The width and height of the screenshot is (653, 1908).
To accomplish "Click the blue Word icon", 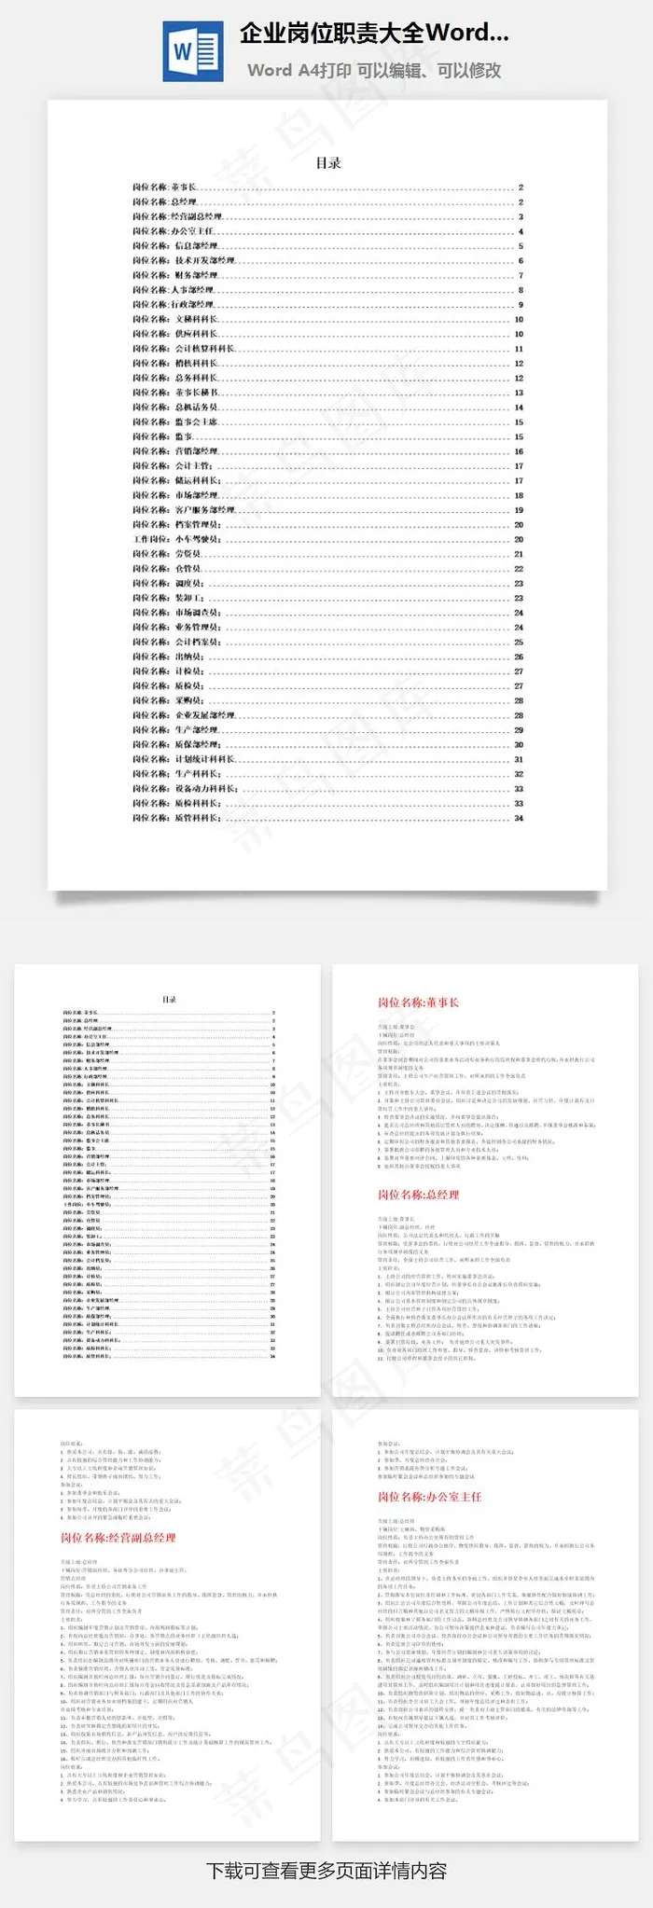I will pos(193,51).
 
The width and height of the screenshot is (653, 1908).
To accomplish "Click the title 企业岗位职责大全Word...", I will pos(373,34).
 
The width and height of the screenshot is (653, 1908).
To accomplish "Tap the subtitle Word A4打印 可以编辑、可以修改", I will pos(374,70).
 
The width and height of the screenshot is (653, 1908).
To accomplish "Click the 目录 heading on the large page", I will pos(327,163).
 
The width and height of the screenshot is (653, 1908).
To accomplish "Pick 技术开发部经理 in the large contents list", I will pos(204,260).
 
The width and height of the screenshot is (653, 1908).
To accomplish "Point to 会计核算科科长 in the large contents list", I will pos(204,349).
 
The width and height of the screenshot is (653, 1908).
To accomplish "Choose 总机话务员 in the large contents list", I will pos(196,408).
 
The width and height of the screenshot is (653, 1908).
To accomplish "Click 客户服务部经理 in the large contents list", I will pos(204,510).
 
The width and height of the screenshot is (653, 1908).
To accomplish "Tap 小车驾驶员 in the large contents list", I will pos(197,539).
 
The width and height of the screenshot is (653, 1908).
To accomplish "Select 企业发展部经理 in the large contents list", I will pos(204,715).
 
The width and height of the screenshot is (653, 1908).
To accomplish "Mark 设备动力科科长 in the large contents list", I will pos(206,789).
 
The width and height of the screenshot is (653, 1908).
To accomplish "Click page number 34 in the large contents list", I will pos(519,818).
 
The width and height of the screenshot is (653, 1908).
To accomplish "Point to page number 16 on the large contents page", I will pos(519,451).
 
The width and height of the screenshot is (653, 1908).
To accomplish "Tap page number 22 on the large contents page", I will pos(519,569).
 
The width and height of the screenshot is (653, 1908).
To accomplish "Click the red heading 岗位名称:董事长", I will pos(418,1002).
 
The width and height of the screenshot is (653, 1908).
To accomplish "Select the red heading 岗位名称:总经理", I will pos(418,1195).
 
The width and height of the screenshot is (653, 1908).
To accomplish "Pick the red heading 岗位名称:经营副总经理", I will pos(118,1538).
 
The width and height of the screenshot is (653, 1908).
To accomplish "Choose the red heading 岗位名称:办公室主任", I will pos(429,1496).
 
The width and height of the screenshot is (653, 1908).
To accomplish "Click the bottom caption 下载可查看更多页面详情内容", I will pos(326,1870).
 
